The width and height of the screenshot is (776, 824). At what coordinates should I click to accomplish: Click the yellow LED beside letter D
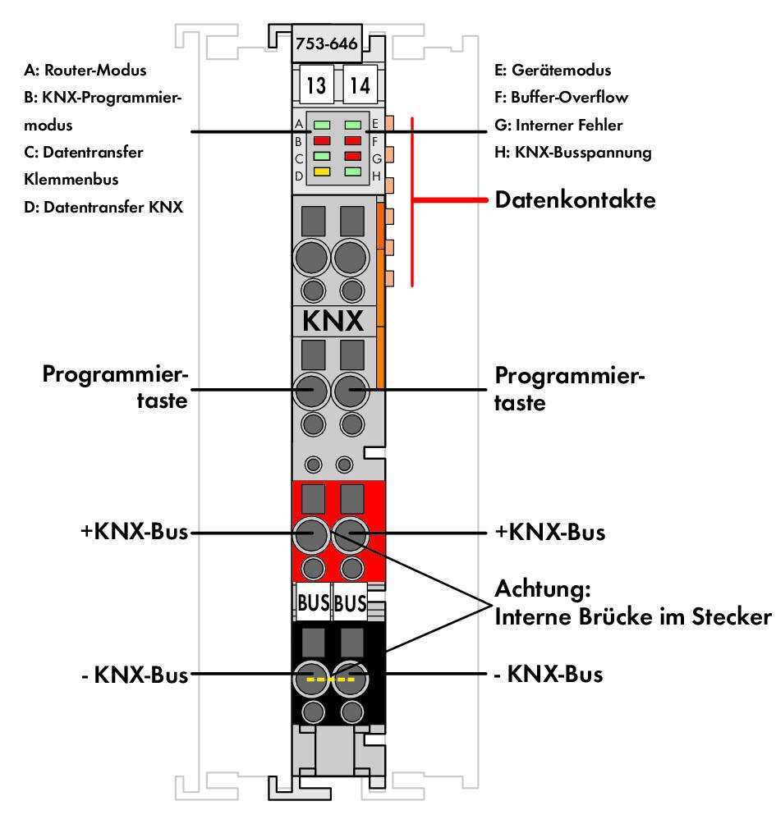[x=321, y=172]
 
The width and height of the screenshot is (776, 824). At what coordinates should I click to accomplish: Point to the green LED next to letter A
[x=321, y=125]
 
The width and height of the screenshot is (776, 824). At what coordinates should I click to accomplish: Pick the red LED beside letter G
[x=354, y=156]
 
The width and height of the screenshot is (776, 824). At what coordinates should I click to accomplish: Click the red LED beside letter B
[x=321, y=140]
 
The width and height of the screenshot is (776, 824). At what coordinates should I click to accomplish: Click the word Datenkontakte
[x=575, y=199]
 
